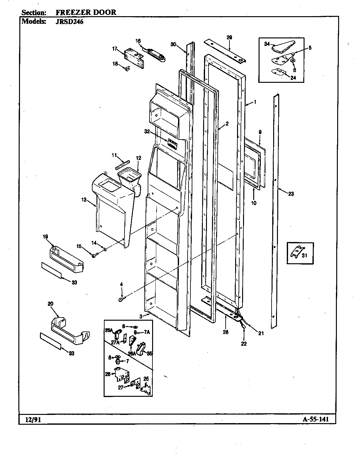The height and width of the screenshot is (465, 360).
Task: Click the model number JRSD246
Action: click(67, 22)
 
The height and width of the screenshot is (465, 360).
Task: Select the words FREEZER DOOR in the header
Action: click(86, 12)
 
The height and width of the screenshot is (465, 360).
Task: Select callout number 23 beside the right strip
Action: click(291, 194)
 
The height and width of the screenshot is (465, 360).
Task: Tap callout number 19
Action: click(45, 236)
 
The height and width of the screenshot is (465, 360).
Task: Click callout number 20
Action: click(50, 304)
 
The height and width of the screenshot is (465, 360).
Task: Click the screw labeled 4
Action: click(122, 299)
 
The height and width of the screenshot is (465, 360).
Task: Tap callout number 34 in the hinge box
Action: click(267, 44)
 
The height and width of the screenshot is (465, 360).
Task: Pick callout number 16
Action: click(138, 41)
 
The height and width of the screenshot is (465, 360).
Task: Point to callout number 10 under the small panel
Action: click(254, 203)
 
